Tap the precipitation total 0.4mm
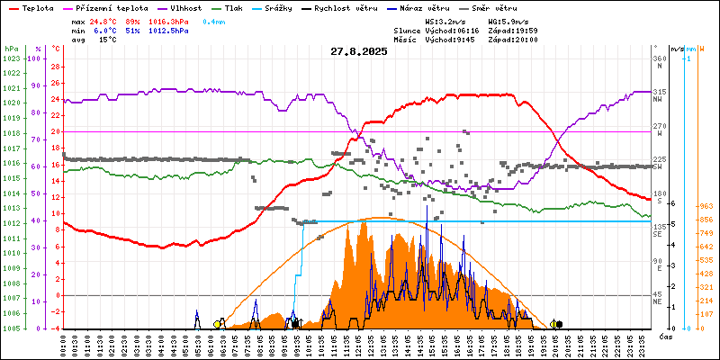[214, 21]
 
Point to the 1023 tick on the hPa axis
[12, 58]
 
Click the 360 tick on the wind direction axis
[659, 58]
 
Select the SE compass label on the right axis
[658, 233]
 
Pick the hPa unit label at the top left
[11, 48]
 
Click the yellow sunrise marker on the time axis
[218, 324]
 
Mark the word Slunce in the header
[408, 31]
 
